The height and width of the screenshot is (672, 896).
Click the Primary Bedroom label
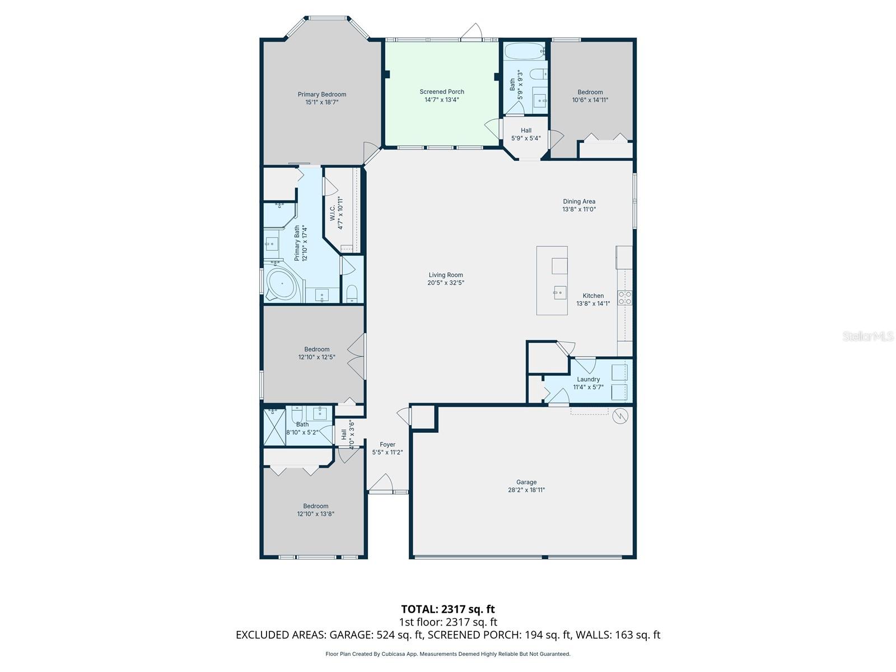point(321,95)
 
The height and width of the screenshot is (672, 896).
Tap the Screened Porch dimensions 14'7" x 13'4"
point(441,100)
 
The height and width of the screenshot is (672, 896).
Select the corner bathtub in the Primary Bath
point(282,286)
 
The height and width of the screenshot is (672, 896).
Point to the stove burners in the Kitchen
point(625,298)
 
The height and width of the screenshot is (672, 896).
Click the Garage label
point(526,482)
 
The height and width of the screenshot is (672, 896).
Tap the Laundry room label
point(588,379)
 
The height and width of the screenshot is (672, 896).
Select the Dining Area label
point(579,202)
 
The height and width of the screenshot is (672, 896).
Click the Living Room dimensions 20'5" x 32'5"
point(446,283)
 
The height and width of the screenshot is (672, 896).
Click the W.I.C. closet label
point(332,213)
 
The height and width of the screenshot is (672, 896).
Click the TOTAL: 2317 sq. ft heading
point(447,609)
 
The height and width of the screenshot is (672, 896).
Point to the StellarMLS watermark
point(867,337)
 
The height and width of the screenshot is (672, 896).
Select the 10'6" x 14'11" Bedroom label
point(590,92)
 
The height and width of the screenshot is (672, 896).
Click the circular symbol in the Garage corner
point(620,416)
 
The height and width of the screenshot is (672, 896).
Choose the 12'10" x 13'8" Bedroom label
point(315,506)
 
